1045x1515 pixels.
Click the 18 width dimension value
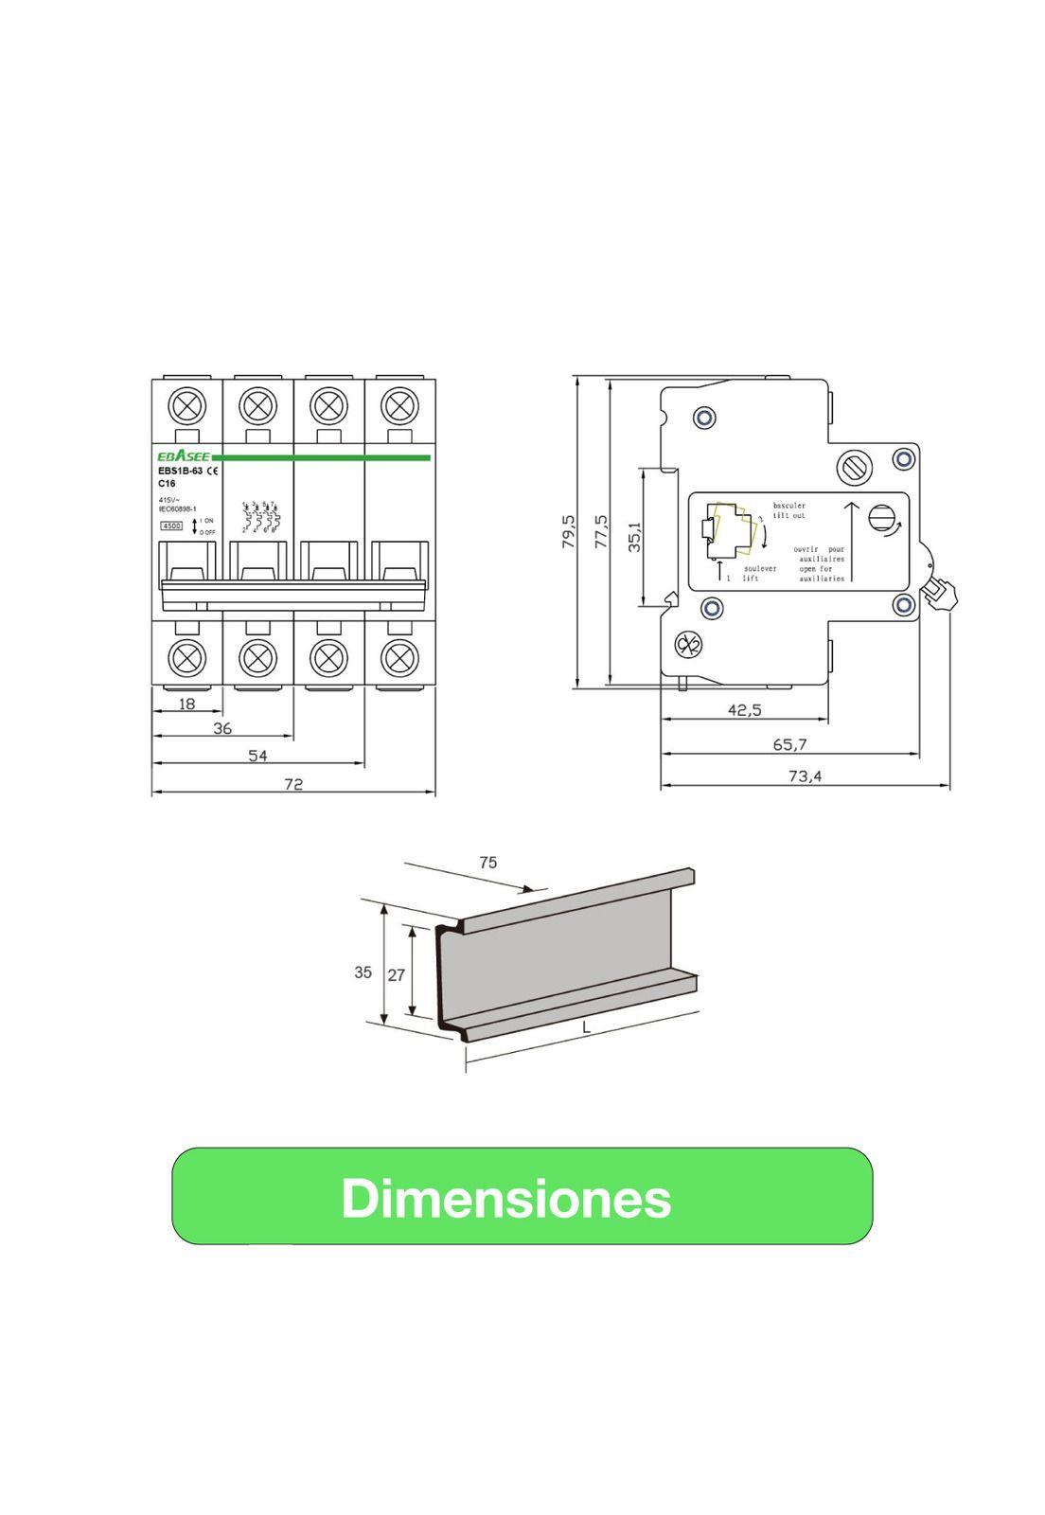(x=186, y=704)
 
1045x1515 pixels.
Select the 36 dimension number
(x=222, y=728)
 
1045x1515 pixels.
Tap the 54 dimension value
(x=257, y=755)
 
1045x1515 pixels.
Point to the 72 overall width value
(x=293, y=783)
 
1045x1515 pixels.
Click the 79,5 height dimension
(x=568, y=533)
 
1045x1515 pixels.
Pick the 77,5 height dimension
(x=601, y=533)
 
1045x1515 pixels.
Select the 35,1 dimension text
(x=635, y=536)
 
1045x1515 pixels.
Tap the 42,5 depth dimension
(x=744, y=710)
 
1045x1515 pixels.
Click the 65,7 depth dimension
(x=789, y=745)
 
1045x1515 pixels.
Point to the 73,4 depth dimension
(x=805, y=776)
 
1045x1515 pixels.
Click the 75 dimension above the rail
(x=487, y=863)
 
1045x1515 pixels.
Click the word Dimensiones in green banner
(x=506, y=1198)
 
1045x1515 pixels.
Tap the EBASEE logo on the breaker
(x=177, y=458)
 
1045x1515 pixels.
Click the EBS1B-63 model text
(x=180, y=471)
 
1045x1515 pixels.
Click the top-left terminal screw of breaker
(x=187, y=406)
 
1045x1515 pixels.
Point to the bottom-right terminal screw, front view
(x=399, y=656)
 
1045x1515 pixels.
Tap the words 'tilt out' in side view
(x=789, y=516)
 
